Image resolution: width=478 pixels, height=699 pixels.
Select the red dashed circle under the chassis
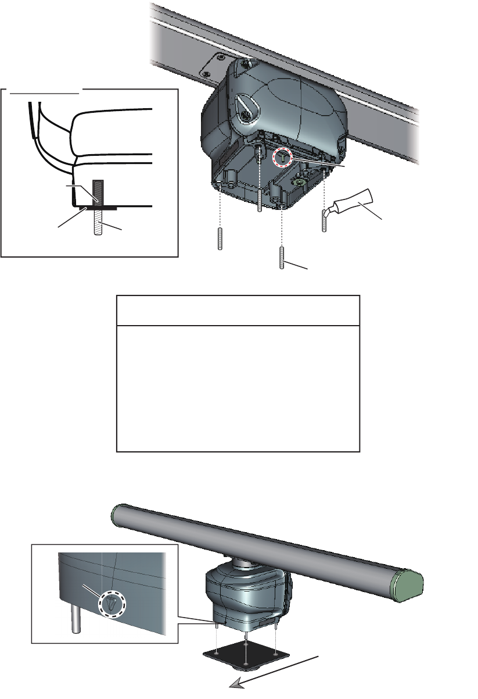tap(282, 156)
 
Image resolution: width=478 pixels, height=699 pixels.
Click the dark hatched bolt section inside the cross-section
tap(97, 191)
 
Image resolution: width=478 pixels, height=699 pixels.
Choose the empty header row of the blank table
tap(238, 311)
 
